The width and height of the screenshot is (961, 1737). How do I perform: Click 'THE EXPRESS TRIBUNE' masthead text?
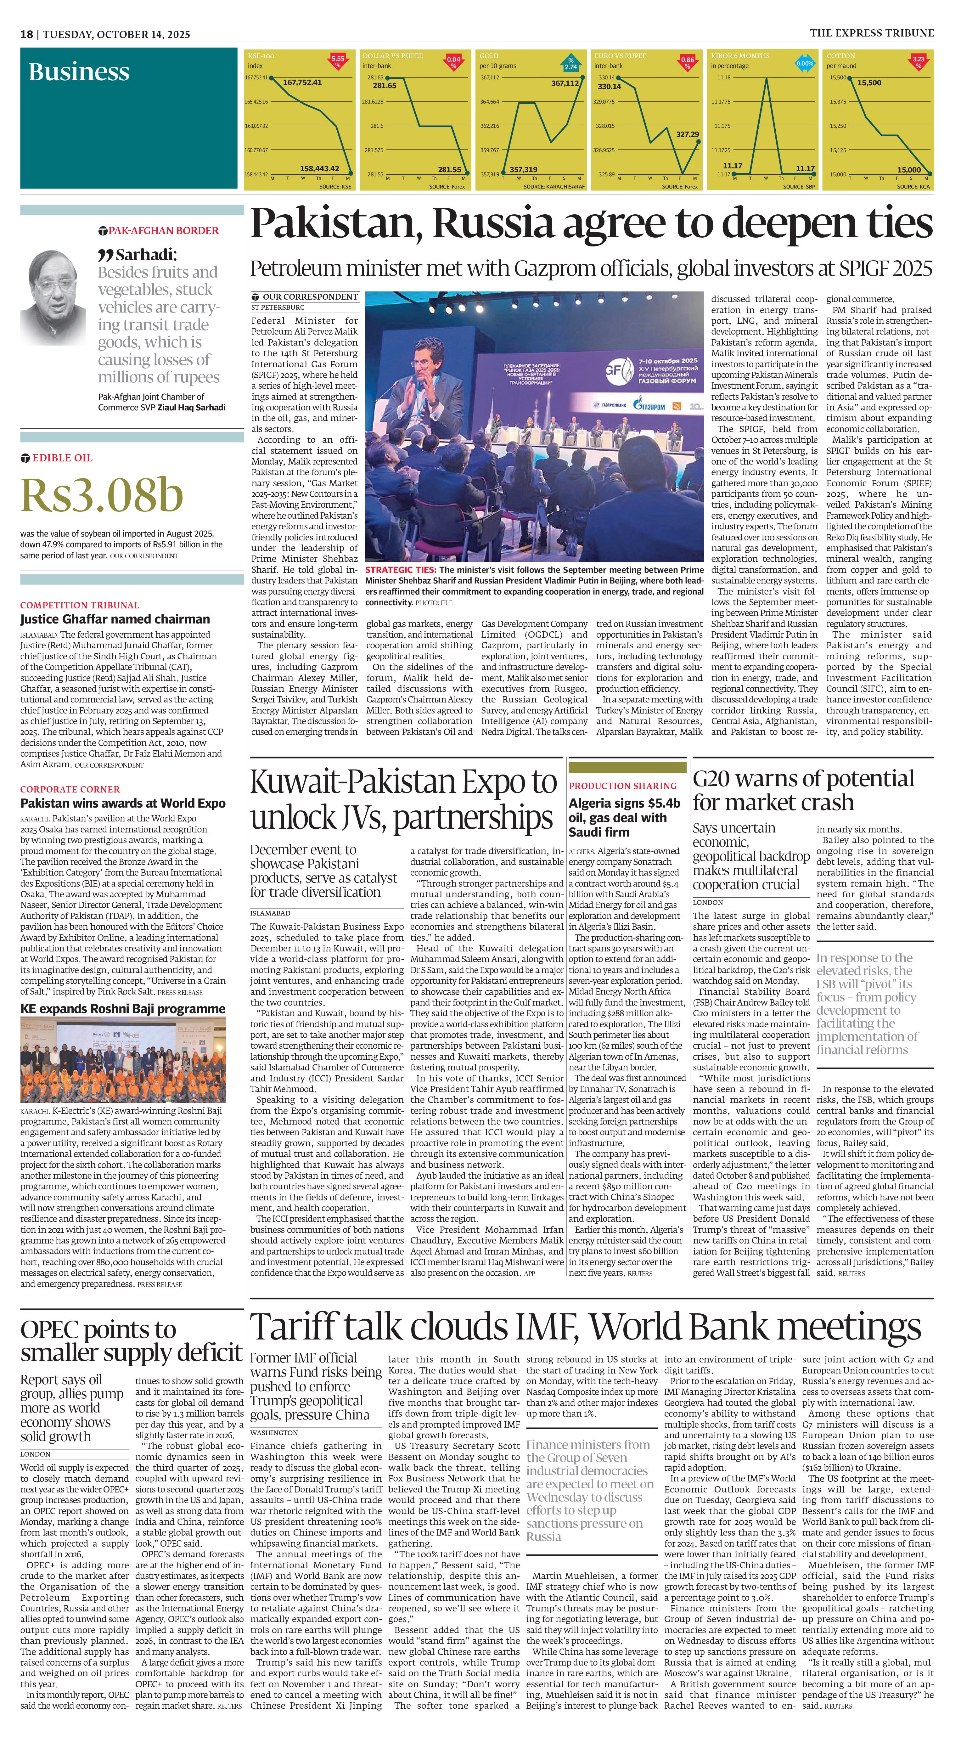click(x=871, y=33)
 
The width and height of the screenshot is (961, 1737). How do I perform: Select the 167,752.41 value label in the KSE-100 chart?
click(x=302, y=82)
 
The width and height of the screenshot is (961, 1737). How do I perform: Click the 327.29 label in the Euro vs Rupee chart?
click(x=687, y=134)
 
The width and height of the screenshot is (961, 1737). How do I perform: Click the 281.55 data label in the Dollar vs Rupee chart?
click(x=450, y=169)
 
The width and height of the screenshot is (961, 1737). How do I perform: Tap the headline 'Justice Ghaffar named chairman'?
click(x=115, y=619)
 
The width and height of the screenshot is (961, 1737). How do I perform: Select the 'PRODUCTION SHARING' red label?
click(x=622, y=786)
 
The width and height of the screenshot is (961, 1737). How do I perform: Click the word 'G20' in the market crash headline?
click(x=716, y=779)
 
